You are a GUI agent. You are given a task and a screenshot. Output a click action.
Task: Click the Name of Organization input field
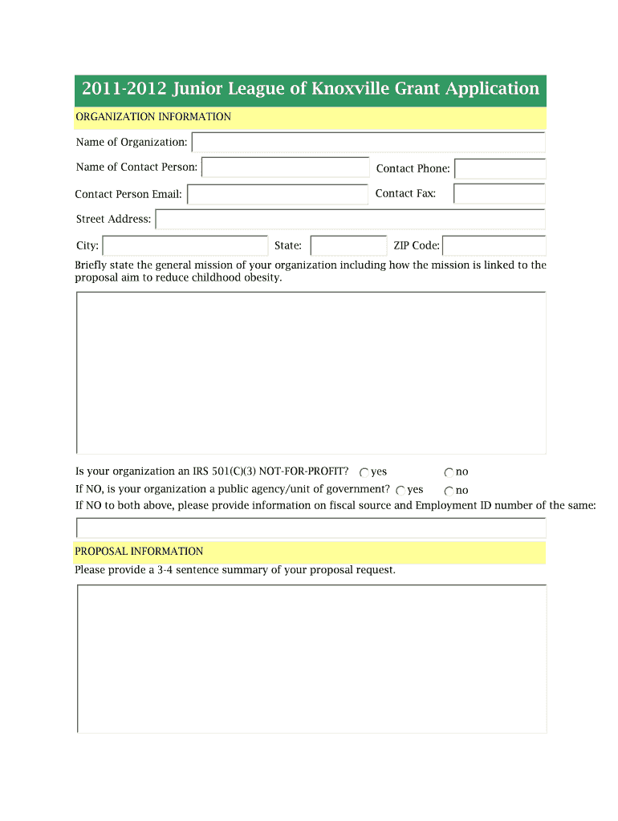[368, 143]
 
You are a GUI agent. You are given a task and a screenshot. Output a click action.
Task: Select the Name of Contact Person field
[285, 168]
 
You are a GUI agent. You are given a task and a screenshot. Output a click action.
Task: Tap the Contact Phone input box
[500, 169]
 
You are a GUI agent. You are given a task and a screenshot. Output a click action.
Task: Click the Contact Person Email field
[278, 195]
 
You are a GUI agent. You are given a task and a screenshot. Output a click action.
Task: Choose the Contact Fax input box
[499, 194]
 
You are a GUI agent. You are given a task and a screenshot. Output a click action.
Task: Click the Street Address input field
[350, 220]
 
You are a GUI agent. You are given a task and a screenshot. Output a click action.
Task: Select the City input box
[185, 246]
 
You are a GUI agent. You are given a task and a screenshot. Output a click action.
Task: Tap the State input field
[348, 246]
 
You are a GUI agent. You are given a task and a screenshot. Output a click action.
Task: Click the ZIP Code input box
[494, 246]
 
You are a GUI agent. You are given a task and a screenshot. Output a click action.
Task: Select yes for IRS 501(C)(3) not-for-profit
[364, 473]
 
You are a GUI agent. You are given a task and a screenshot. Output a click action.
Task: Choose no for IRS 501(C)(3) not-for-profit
[449, 473]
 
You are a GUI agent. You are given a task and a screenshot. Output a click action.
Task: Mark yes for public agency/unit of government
[400, 491]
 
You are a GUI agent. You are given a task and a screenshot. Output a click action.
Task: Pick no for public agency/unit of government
[449, 491]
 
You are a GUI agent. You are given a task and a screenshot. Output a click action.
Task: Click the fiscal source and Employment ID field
[311, 528]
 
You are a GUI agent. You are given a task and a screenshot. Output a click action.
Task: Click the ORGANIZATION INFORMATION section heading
[153, 117]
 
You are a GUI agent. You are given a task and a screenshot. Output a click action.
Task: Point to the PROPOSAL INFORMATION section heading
[139, 552]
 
